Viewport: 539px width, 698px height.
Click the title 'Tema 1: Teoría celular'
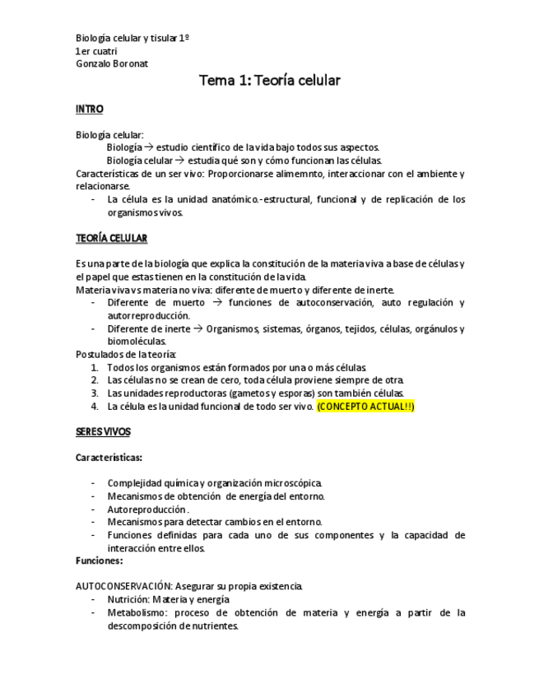click(x=269, y=81)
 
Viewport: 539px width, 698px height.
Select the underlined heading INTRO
click(x=89, y=109)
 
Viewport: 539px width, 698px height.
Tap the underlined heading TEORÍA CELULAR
click(x=111, y=238)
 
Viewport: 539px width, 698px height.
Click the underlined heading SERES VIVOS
click(x=103, y=431)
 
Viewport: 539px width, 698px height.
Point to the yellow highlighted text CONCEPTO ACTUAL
click(x=365, y=406)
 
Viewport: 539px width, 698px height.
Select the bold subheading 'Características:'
click(x=109, y=457)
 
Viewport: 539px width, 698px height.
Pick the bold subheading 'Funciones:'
click(x=99, y=561)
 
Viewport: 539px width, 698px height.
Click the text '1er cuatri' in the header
click(x=95, y=51)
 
